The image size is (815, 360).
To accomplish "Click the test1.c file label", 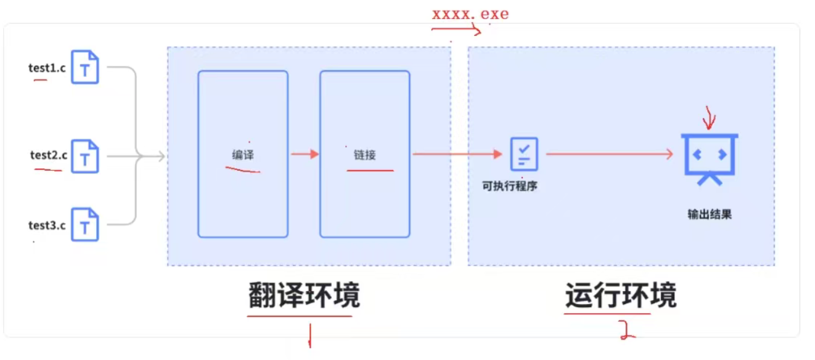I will tap(47, 68).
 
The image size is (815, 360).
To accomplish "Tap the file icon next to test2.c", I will tap(85, 157).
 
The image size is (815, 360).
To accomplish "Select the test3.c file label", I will tap(47, 225).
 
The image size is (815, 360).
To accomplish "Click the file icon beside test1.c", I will tap(85, 67).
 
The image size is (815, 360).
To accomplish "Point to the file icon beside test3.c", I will tap(85, 224).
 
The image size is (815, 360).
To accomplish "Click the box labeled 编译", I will tap(243, 154).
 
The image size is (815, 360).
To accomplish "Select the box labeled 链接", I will tap(364, 154).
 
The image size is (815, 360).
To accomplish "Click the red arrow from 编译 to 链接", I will tap(305, 154).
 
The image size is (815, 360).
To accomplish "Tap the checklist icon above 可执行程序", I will tap(524, 154).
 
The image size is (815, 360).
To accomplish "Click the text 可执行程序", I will tap(510, 185).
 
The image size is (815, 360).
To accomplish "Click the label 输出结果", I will tap(710, 215).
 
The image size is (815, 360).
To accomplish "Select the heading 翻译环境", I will tap(304, 296).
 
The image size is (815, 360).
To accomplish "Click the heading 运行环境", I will tap(621, 296).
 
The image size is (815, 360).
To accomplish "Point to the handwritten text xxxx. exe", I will tap(470, 14).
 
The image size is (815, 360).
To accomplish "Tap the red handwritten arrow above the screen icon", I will tap(708, 117).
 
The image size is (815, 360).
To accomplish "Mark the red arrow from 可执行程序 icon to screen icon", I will tap(609, 154).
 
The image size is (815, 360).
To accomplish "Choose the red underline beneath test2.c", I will tap(48, 169).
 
